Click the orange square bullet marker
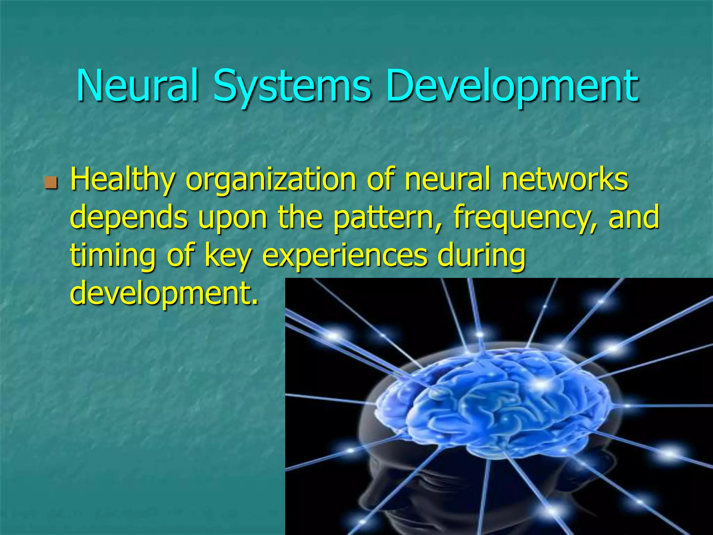coord(51,182)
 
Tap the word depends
coord(129,218)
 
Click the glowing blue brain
coord(494,404)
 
